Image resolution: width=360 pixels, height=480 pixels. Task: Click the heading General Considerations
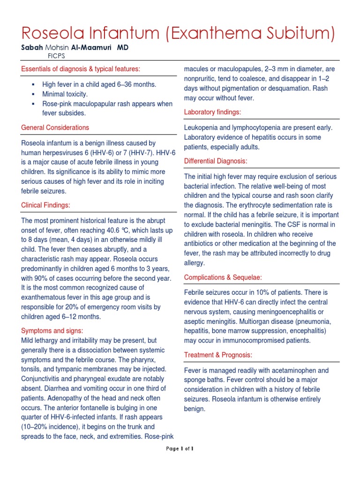point(55,127)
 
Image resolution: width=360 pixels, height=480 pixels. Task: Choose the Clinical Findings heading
point(46,205)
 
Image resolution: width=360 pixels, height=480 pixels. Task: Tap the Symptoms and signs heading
point(52,331)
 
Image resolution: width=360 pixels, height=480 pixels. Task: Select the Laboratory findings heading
point(212,112)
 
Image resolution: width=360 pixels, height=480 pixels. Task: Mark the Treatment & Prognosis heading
point(218,355)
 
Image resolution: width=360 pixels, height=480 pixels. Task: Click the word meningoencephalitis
point(278,312)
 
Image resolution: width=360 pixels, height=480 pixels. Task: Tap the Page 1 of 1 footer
point(180,449)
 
